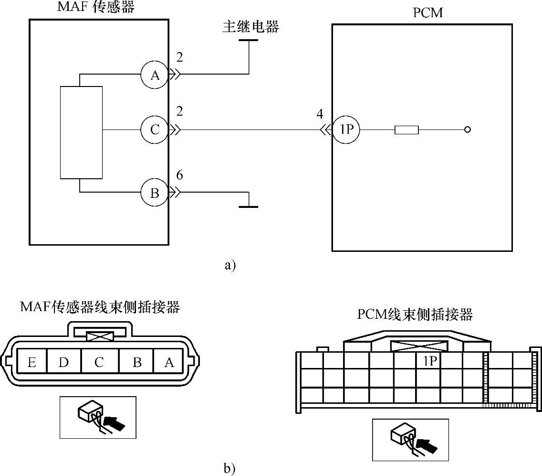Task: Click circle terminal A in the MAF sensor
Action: [x=155, y=75]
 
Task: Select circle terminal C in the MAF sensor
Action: [x=155, y=130]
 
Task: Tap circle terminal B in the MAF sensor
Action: [x=155, y=193]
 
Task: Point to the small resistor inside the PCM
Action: [x=406, y=130]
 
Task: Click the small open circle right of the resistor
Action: [x=468, y=130]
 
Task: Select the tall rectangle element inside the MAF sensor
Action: [x=82, y=132]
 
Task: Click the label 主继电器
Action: [x=250, y=27]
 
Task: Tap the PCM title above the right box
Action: [x=427, y=13]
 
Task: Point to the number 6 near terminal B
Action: [x=179, y=175]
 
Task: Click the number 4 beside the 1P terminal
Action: [x=320, y=114]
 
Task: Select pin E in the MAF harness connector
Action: [x=32, y=362]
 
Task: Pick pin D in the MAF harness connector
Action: [x=63, y=362]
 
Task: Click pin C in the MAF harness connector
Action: [x=99, y=362]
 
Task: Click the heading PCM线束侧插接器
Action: [x=415, y=314]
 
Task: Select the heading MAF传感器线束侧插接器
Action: [x=100, y=307]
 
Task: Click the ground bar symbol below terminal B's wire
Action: [x=248, y=206]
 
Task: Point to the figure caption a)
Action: [x=230, y=265]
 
